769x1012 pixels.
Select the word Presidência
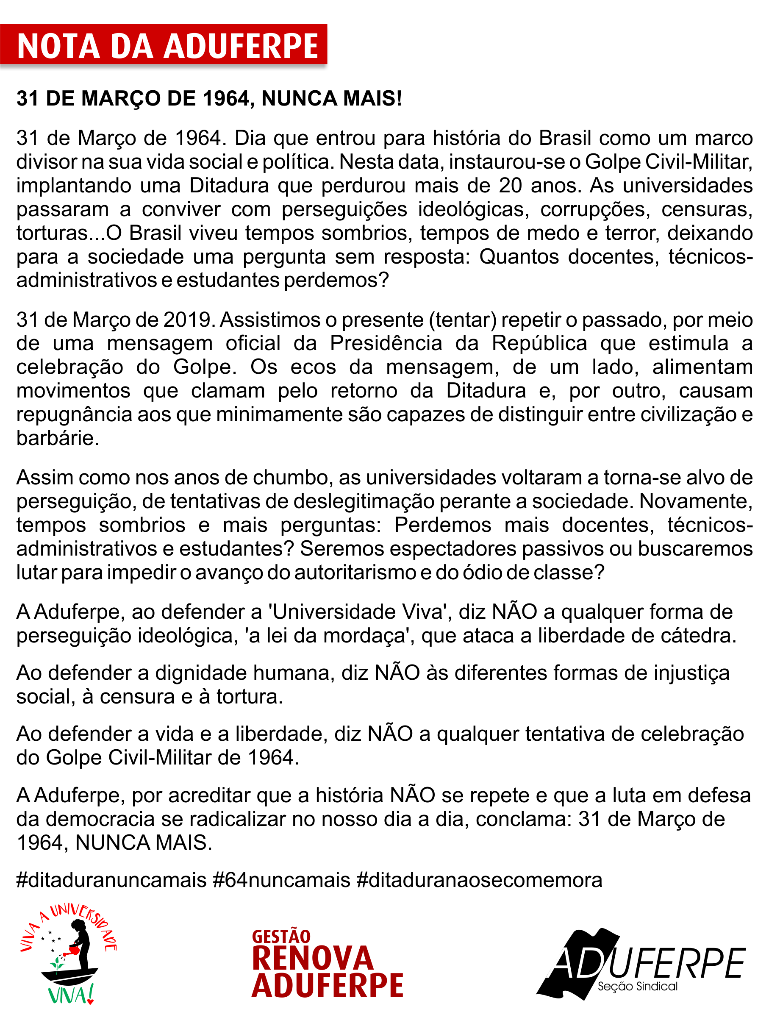pos(386,343)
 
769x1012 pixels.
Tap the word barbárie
pos(57,438)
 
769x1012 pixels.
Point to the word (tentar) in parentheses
pos(463,320)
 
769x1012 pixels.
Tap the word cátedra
pos(698,636)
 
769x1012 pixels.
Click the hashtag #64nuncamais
pos(281,880)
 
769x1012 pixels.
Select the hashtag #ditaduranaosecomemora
pos(479,880)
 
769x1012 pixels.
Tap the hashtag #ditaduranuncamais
pos(111,880)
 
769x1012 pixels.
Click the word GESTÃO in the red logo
pos(281,937)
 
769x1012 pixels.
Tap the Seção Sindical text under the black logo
pos(637,987)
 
